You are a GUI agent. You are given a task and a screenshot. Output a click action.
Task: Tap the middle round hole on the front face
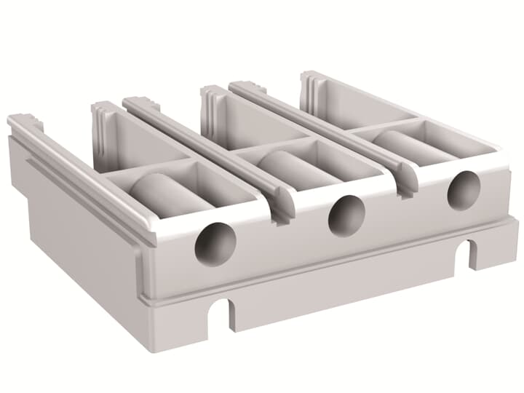pyautogui.click(x=346, y=216)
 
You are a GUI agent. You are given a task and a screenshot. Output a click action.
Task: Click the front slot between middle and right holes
pyautogui.click(x=405, y=186)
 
